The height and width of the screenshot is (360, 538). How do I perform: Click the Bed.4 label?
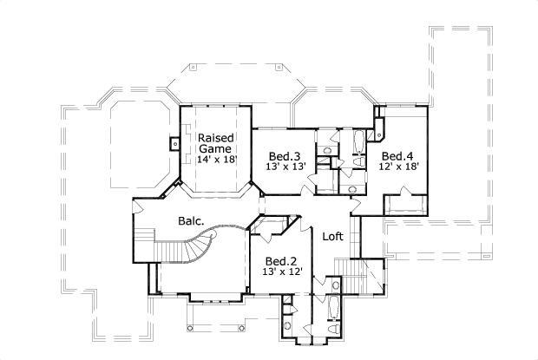coord(399,155)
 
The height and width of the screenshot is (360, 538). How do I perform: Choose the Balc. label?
coord(191,221)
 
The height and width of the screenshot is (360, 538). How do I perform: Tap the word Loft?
coord(335,236)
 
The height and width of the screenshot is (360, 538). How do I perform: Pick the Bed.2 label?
coord(282,261)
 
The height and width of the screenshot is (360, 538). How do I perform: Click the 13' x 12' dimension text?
coord(282,272)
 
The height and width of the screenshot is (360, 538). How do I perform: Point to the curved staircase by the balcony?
coord(178,256)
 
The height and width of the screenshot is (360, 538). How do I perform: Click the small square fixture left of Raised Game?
coord(174,143)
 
